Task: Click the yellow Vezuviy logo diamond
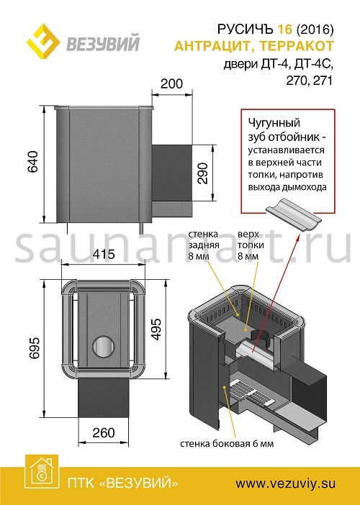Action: point(43,41)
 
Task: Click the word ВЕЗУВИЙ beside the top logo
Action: point(103,44)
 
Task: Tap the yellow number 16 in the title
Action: point(284,29)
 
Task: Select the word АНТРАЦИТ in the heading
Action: point(213,46)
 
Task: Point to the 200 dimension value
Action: point(172,83)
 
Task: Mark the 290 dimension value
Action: point(202,173)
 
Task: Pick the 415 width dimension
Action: point(104,255)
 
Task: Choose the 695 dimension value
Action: point(34,348)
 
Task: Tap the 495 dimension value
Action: point(156,329)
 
